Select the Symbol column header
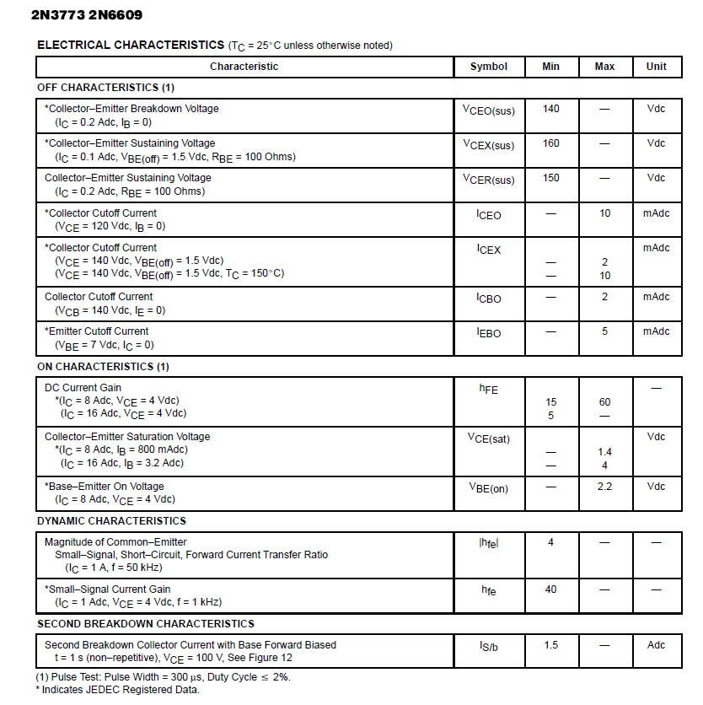[x=489, y=67]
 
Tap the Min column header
[x=550, y=67]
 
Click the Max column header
[x=604, y=67]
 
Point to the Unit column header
[x=656, y=67]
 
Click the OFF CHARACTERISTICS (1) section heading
[x=105, y=88]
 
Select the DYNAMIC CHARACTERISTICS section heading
[x=111, y=521]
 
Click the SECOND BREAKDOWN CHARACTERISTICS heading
[x=146, y=624]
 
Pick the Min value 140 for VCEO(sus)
[x=550, y=109]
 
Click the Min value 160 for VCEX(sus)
[x=550, y=143]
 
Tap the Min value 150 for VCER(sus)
[x=550, y=178]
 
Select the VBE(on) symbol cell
[x=488, y=488]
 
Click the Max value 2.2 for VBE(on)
[x=604, y=487]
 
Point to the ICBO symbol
[x=488, y=299]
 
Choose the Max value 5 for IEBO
[x=604, y=331]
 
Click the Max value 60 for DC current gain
[x=604, y=402]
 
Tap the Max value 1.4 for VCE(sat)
[x=604, y=452]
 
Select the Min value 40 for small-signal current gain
[x=550, y=589]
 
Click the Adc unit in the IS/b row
[x=656, y=645]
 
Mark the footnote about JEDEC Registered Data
[x=118, y=690]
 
